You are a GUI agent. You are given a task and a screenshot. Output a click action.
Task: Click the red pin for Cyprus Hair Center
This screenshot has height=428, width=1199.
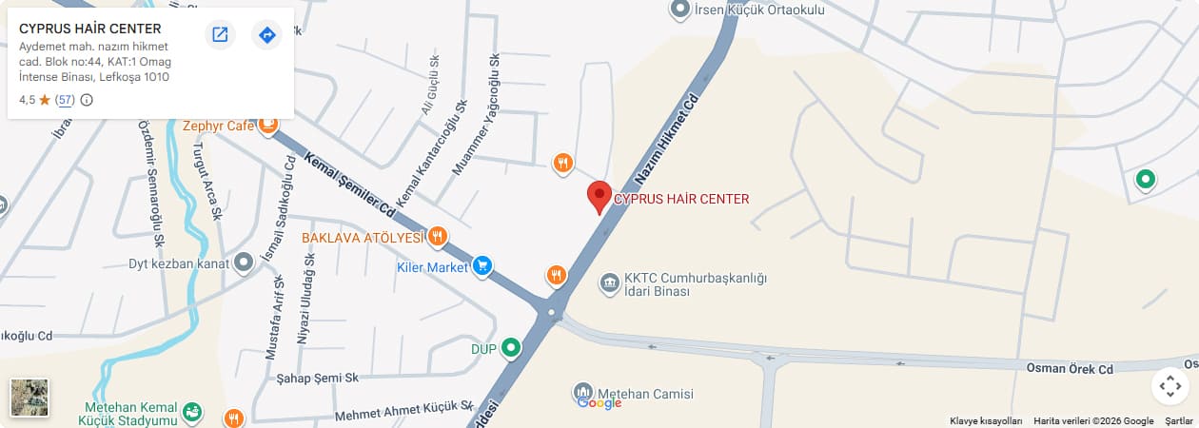pos(599,196)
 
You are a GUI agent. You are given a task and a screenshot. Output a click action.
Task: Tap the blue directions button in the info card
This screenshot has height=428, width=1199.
pos(267,35)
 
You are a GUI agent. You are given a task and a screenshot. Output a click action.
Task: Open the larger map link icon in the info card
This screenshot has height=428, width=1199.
pos(220,35)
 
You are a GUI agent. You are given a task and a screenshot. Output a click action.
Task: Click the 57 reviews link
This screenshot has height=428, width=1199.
pos(65,100)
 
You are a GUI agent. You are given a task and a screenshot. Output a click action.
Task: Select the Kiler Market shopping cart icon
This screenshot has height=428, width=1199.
pos(482,266)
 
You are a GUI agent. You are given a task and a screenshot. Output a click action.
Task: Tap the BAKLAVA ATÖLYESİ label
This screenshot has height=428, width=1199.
pos(363,238)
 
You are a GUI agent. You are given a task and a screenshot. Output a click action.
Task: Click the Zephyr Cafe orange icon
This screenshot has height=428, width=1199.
pos(268,125)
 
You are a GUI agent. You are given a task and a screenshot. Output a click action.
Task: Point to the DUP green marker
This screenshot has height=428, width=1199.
pos(512,348)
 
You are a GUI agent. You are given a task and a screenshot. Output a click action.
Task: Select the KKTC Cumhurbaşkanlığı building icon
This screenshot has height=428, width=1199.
pos(610,282)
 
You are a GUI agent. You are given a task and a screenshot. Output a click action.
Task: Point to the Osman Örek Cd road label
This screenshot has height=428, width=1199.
pos(1069,367)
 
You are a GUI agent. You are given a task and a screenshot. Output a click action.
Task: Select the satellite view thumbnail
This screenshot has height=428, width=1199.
pos(29,398)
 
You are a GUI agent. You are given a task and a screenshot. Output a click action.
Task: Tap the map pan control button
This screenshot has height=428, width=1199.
pos(1170,386)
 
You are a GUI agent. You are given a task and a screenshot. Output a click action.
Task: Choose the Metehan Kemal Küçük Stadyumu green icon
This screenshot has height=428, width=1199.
pos(192,412)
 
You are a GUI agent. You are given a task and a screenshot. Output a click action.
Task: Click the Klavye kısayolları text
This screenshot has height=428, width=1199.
pos(986,421)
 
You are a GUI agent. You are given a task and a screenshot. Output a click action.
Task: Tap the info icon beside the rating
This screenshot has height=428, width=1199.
pos(87,100)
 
